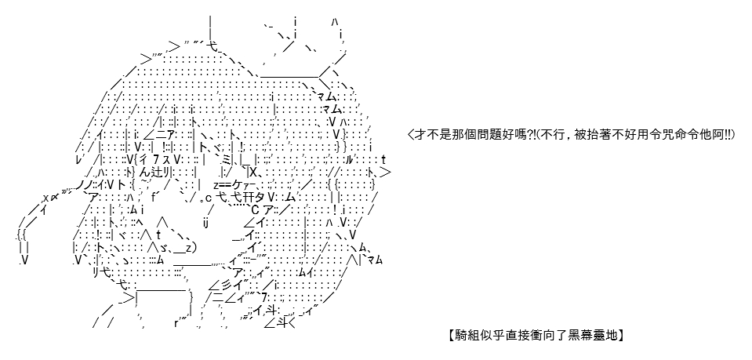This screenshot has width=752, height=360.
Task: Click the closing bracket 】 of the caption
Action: click(x=620, y=335)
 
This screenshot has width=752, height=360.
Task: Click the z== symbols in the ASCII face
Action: click(x=223, y=185)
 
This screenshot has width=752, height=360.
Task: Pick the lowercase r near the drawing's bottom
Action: click(x=176, y=323)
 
